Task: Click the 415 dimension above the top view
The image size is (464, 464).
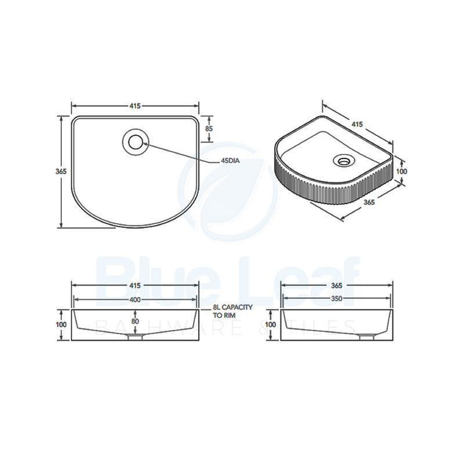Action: click(x=135, y=106)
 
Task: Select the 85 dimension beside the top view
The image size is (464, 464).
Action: click(x=209, y=129)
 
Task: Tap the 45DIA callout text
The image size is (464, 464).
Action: click(x=230, y=161)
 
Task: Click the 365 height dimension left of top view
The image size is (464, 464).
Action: click(x=61, y=171)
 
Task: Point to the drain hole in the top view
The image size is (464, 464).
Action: click(x=136, y=142)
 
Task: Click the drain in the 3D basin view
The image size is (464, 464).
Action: click(x=344, y=160)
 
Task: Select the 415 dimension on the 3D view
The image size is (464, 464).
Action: click(x=357, y=125)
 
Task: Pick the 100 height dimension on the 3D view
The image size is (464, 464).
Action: click(x=402, y=171)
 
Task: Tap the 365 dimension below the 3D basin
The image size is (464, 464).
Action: click(x=369, y=202)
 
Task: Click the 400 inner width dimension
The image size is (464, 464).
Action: click(x=135, y=300)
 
